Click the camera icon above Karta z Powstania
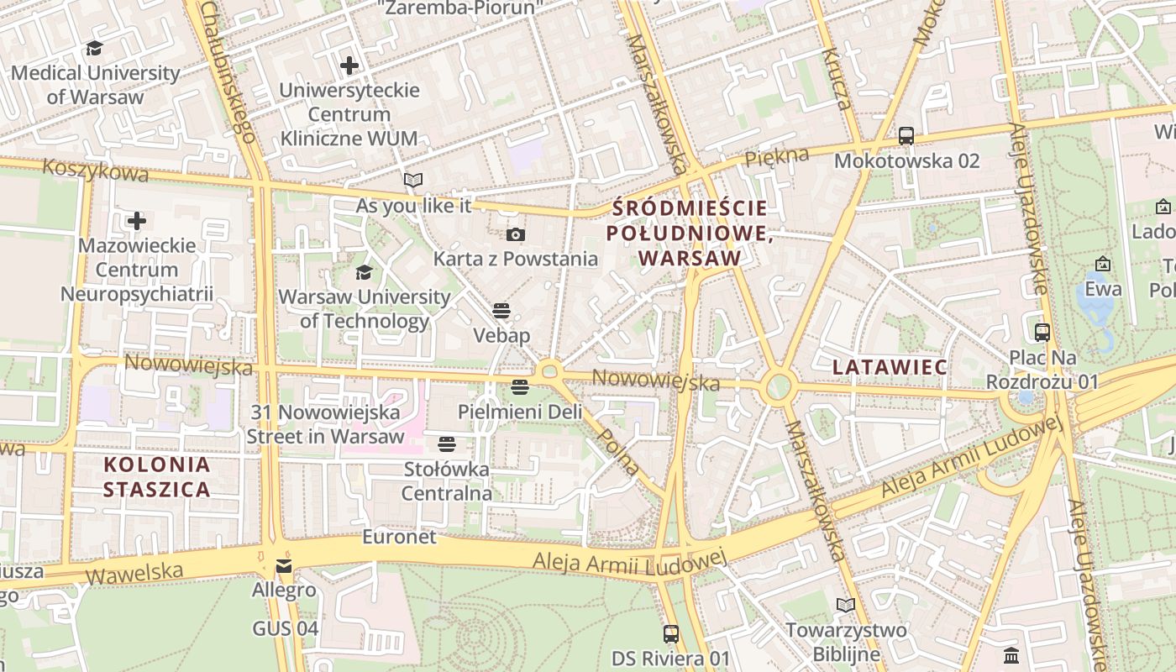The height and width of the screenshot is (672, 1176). (516, 234)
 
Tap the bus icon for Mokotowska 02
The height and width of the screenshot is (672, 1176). (906, 135)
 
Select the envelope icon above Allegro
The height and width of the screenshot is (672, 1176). (284, 565)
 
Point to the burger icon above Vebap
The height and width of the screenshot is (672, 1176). (501, 311)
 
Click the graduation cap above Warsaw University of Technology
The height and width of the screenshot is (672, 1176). (364, 272)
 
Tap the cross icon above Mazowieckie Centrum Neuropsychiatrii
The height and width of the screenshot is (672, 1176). (137, 221)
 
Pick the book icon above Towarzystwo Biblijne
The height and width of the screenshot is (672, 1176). (845, 605)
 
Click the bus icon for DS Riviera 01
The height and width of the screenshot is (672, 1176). (670, 633)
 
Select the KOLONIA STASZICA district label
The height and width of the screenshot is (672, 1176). (156, 477)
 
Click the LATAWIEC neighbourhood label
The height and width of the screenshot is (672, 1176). (890, 367)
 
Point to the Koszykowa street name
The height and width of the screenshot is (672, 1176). (95, 171)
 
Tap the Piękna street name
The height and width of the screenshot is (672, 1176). (777, 156)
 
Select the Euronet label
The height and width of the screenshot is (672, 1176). (400, 537)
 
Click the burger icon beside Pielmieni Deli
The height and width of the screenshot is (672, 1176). (519, 387)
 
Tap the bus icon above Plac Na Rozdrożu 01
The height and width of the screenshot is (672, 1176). (1042, 333)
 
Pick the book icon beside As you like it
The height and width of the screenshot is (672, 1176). (412, 180)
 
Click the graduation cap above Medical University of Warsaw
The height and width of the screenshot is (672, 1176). (94, 49)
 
